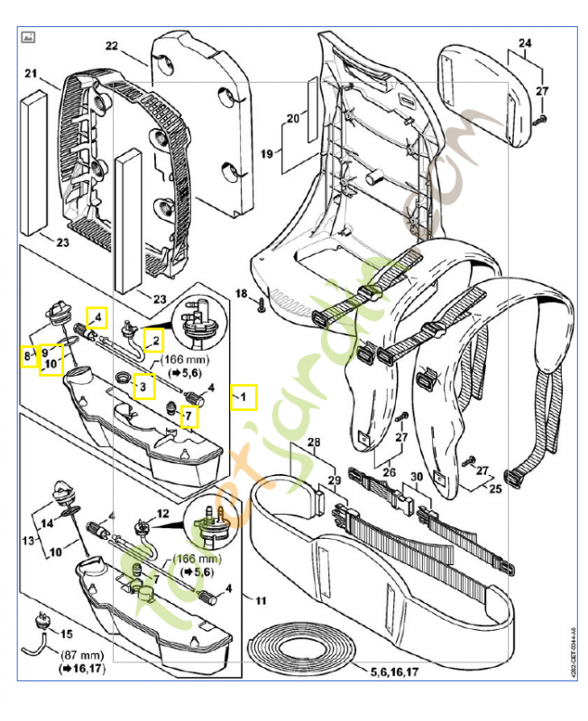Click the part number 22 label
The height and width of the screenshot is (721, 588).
(x=112, y=45)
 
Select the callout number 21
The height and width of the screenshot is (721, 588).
(x=30, y=73)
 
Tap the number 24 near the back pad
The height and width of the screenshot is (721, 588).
(x=525, y=43)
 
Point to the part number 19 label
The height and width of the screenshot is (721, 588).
(x=266, y=154)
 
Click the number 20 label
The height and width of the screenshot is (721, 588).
(x=291, y=118)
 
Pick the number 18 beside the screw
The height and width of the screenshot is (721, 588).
(x=241, y=294)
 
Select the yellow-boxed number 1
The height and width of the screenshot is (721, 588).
(x=243, y=397)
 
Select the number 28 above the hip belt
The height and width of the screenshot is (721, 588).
(x=313, y=442)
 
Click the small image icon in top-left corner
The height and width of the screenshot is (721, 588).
(x=28, y=37)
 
